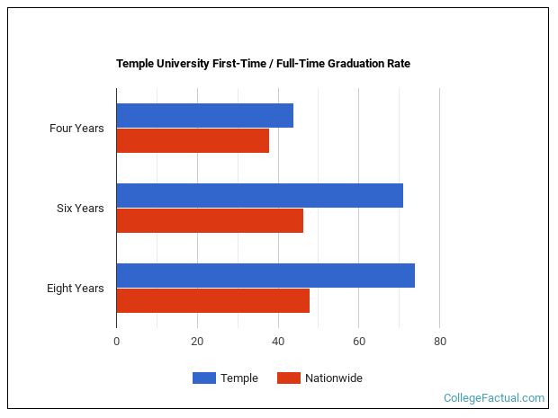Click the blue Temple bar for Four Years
(204, 115)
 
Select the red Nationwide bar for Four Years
(193, 140)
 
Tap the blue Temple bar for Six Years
(259, 195)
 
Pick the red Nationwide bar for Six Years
(210, 220)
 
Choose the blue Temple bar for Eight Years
(265, 275)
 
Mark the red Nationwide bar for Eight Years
(212, 300)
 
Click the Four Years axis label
(76, 129)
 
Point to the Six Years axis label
(80, 209)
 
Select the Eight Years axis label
(76, 289)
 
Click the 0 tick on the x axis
(116, 342)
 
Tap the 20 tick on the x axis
(197, 342)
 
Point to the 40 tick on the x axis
(278, 342)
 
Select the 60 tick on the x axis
(358, 342)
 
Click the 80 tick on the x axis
(439, 342)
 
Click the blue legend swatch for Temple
(204, 378)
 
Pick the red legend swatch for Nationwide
(288, 378)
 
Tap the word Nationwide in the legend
(334, 378)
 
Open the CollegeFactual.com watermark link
(494, 397)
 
